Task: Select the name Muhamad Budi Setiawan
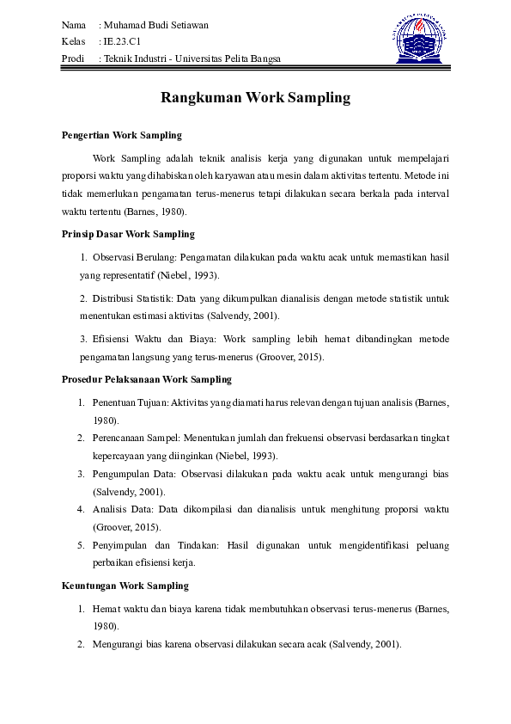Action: tap(157, 24)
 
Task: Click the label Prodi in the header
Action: tap(74, 58)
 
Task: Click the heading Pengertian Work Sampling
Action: tap(122, 135)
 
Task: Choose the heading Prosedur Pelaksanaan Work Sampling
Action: tap(147, 379)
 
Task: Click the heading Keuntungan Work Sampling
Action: tap(125, 586)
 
